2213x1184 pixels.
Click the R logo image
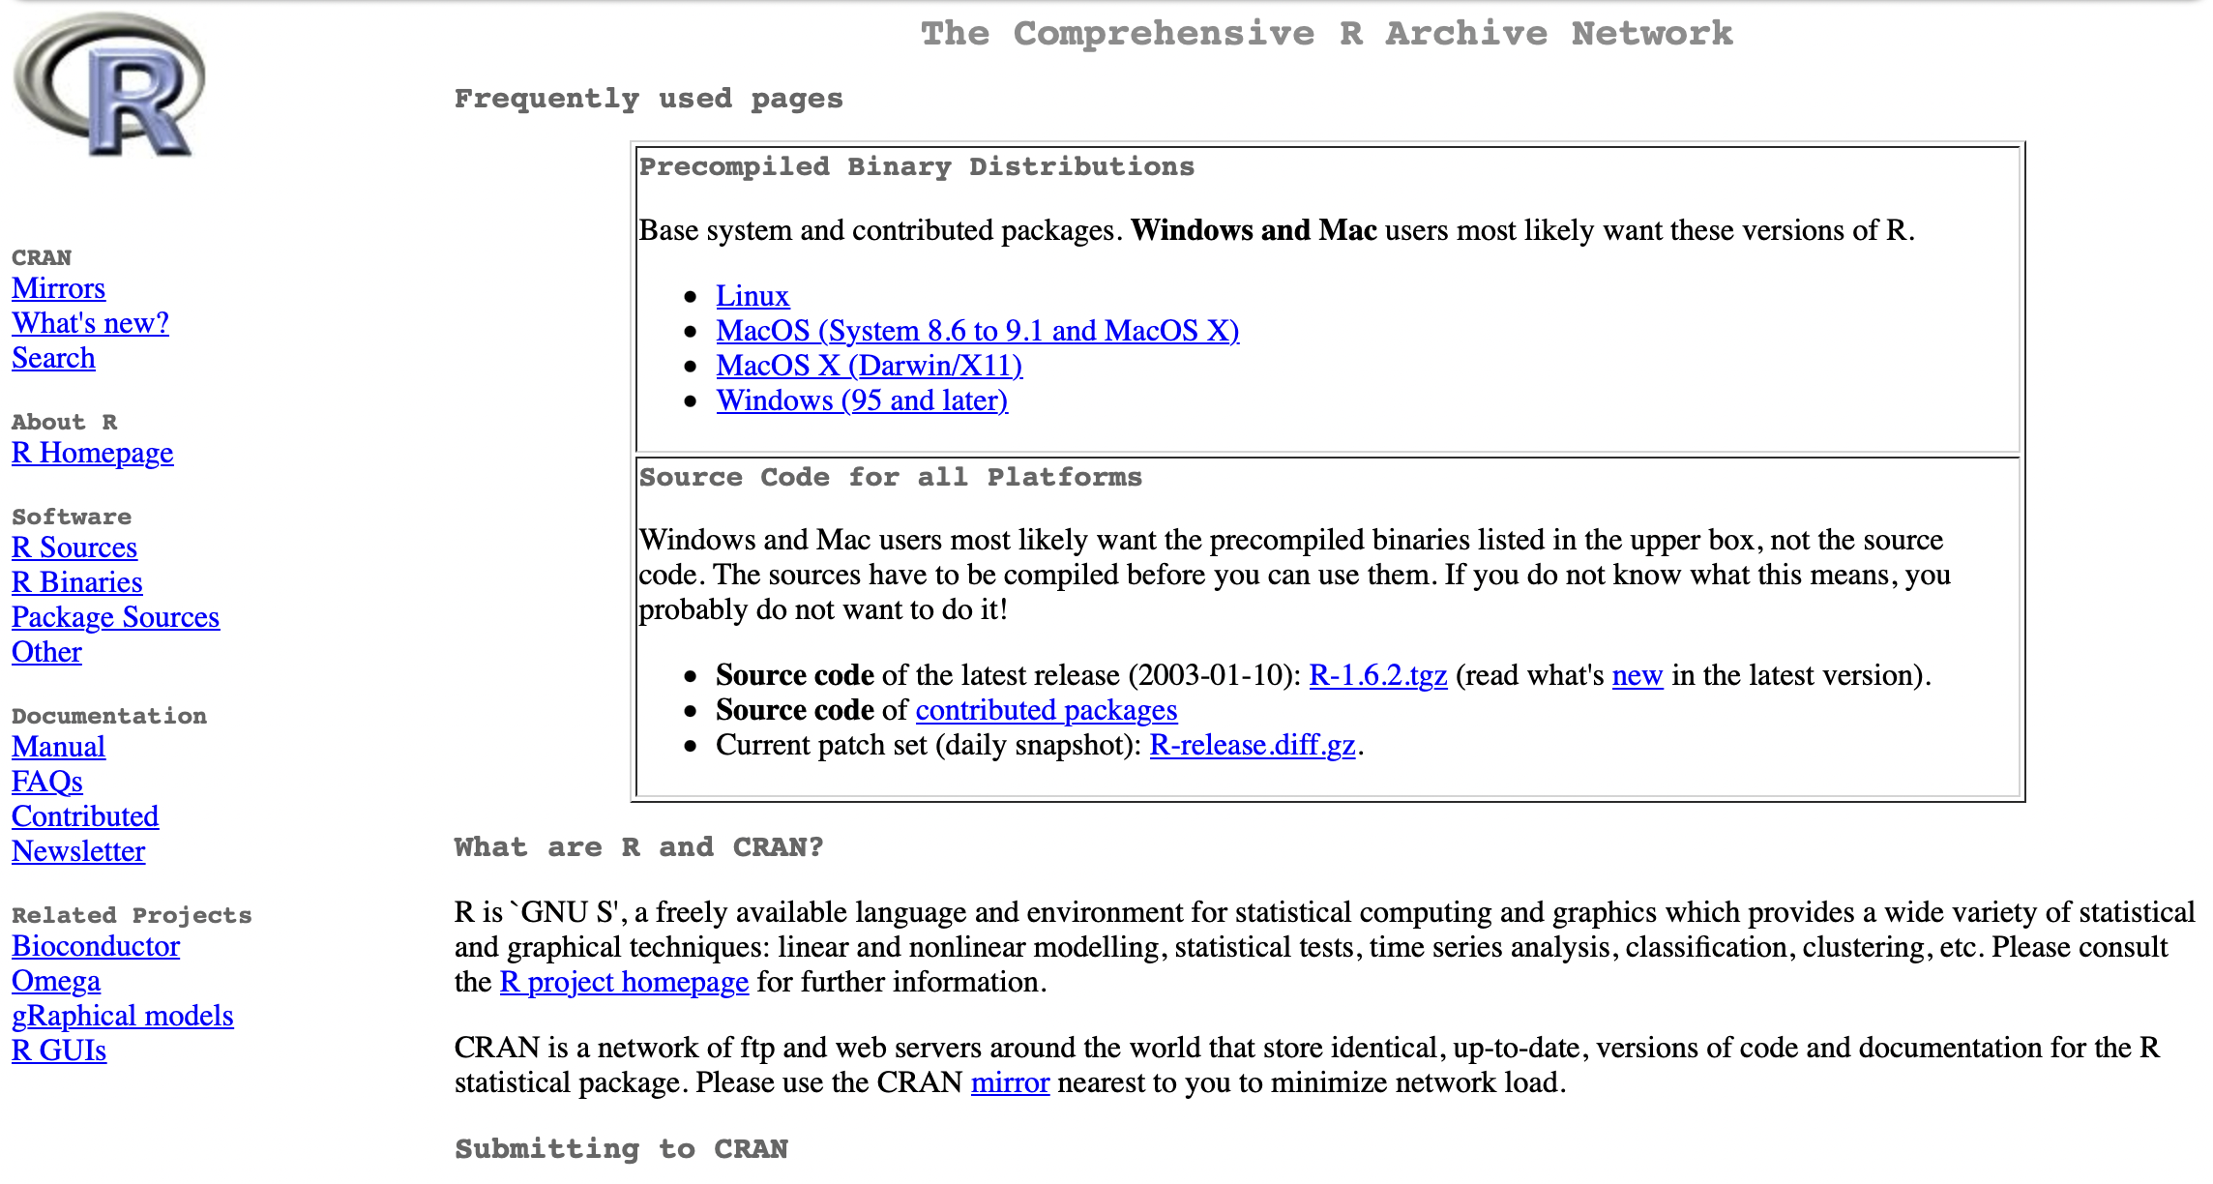[109, 84]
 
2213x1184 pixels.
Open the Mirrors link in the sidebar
[58, 288]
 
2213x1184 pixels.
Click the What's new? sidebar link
[90, 323]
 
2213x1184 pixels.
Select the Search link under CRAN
[53, 358]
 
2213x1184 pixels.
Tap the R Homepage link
[92, 453]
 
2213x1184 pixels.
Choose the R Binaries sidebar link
[76, 582]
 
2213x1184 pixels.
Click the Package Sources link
[115, 617]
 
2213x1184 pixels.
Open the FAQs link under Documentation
[46, 782]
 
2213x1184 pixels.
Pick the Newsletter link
[77, 851]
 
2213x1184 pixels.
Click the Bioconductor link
[95, 946]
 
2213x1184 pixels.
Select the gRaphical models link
[122, 1016]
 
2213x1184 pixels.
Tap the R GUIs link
[58, 1051]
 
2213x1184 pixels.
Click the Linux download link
[752, 296]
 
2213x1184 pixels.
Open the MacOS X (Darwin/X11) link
[869, 366]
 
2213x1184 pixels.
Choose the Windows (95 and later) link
[861, 400]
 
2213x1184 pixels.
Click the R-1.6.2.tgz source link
[1377, 675]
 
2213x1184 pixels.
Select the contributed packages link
[1046, 710]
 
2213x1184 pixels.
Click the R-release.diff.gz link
[1252, 745]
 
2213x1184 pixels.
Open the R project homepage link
[624, 982]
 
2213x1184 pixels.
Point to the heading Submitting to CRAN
[621, 1149]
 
